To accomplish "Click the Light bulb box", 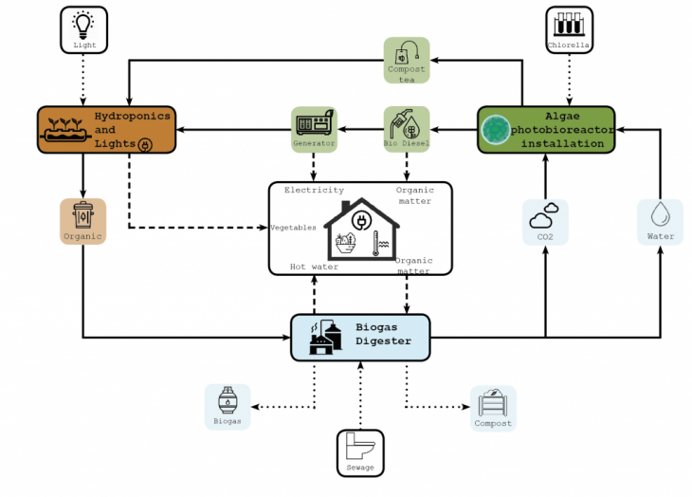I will coord(84,29).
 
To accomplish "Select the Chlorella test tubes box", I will coord(569,29).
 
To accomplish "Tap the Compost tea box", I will coord(407,60).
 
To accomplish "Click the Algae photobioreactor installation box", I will coord(546,129).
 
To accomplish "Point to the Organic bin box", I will coord(82,221).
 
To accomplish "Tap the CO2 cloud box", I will coord(546,222).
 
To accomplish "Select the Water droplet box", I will coord(660,222).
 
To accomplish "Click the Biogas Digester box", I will coord(360,336).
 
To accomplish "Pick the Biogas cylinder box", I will coord(228,407).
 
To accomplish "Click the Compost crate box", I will coord(493,408).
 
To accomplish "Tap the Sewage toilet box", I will coord(360,452).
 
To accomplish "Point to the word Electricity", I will coord(314,191).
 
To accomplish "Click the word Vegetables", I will coord(294,229).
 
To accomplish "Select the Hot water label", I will coord(314,267).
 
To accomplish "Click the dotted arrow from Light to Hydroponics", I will coord(84,80).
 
